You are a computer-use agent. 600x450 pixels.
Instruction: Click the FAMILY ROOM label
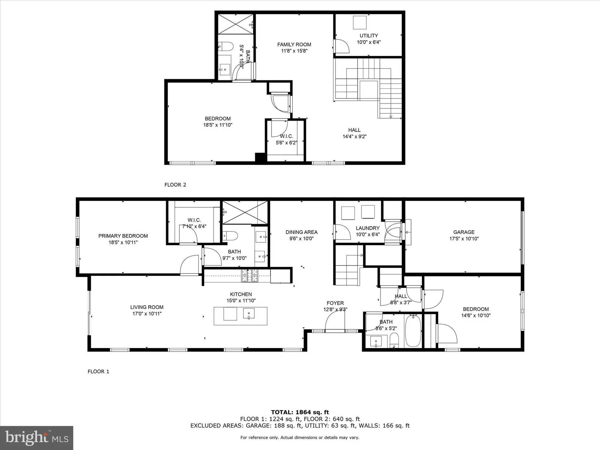point(294,44)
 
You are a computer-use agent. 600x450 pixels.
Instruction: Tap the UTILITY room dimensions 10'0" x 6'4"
point(369,42)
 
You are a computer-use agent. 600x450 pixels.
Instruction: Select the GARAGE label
point(464,232)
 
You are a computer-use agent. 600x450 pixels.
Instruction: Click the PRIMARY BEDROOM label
point(123,236)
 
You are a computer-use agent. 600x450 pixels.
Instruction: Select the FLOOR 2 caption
point(175,185)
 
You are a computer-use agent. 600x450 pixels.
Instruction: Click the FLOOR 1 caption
point(98,371)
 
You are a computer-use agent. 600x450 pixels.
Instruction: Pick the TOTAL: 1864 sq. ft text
point(300,412)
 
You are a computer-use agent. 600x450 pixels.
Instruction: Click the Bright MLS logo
point(37,438)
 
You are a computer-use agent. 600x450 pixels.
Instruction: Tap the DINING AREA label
point(301,232)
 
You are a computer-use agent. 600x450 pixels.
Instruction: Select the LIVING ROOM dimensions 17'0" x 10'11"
point(147,313)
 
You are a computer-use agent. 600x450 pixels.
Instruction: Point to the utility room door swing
point(341,46)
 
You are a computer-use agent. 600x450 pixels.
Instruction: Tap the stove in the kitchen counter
point(250,275)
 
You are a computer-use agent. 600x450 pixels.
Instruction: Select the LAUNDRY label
point(367,228)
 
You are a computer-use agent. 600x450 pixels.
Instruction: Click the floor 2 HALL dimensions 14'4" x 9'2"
point(355,136)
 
